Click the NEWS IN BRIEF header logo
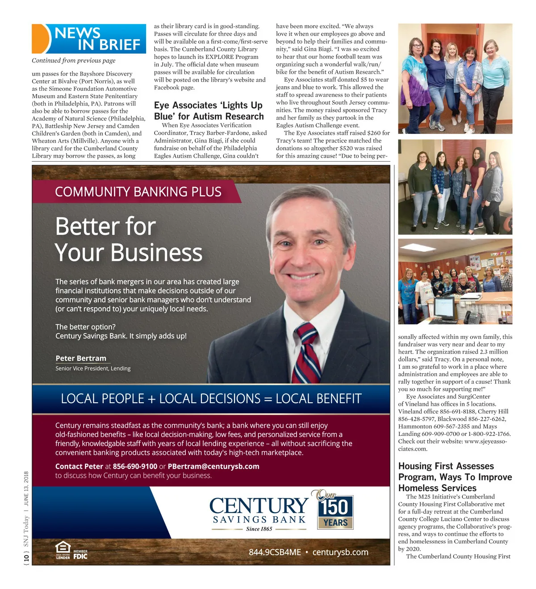coord(89,39)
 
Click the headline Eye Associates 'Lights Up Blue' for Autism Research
coord(209,111)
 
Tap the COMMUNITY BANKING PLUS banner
coord(138,192)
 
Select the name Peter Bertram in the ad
coord(81,358)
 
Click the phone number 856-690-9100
coord(135,466)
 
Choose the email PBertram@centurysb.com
coord(214,466)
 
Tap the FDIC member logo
coord(80,555)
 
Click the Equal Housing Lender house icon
coord(63,550)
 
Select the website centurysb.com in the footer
coord(340,552)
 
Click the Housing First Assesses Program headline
coord(455,477)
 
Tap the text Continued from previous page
coord(73,61)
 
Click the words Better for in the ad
coord(105,226)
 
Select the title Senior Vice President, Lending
coord(93,368)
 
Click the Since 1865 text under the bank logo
coord(259,529)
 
